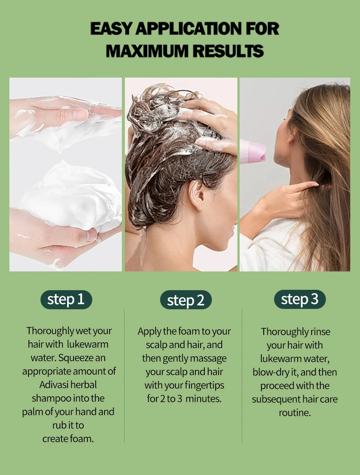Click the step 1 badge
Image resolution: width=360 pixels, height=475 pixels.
[x=66, y=300]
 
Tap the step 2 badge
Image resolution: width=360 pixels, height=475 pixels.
[x=186, y=300]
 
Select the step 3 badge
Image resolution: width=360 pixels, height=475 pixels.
[x=300, y=299]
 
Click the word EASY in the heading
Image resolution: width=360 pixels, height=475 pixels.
[x=111, y=29]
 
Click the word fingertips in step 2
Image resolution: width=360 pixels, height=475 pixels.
[x=205, y=385]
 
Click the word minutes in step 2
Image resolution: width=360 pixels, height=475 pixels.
[x=203, y=399]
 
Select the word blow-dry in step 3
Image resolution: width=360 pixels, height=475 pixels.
[x=271, y=372]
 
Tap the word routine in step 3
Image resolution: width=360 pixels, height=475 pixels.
[x=294, y=413]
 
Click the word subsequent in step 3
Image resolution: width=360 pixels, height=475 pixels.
[x=275, y=399]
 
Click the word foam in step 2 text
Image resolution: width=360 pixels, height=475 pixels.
[x=189, y=331]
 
